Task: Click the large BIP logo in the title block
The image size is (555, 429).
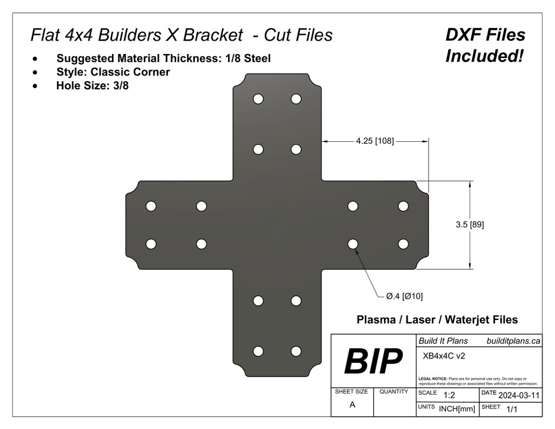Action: click(x=373, y=361)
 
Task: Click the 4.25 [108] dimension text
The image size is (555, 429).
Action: click(x=375, y=141)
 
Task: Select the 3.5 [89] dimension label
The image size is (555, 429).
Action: click(x=469, y=225)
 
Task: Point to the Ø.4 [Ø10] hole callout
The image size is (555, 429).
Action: click(x=404, y=296)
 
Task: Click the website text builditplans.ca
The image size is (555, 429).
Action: click(x=513, y=341)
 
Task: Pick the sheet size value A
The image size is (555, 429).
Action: click(x=352, y=404)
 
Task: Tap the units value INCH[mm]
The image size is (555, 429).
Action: click(x=457, y=408)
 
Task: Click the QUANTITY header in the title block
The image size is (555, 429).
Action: click(x=394, y=391)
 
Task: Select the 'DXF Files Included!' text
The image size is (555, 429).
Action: click(x=485, y=45)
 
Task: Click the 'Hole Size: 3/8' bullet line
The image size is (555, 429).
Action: click(x=92, y=86)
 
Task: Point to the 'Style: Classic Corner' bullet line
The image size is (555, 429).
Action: click(x=113, y=72)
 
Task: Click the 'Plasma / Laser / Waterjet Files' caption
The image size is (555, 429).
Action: click(x=437, y=320)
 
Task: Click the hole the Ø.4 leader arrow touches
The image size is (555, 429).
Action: click(x=353, y=244)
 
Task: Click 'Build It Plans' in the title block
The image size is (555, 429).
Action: click(x=443, y=341)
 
